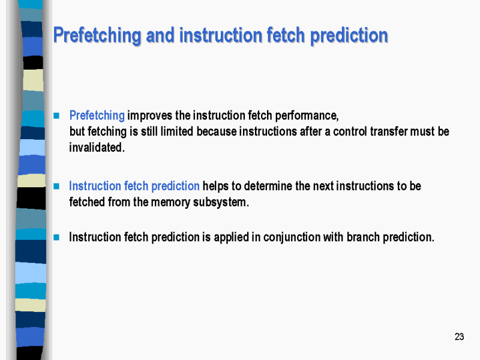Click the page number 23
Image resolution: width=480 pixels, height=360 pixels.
pyautogui.click(x=459, y=337)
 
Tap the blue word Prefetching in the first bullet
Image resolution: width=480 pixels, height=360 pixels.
pyautogui.click(x=97, y=115)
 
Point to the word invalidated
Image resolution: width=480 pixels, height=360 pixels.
pyautogui.click(x=97, y=148)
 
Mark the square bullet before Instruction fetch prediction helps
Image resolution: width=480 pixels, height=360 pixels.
pyautogui.click(x=56, y=187)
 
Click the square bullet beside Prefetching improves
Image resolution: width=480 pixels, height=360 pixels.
pyautogui.click(x=56, y=115)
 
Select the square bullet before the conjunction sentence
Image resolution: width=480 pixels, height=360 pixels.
pyautogui.click(x=56, y=237)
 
